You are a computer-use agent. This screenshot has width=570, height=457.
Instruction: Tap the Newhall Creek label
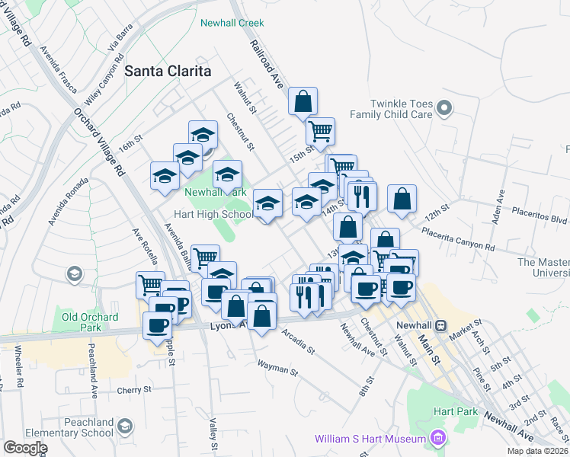(232, 23)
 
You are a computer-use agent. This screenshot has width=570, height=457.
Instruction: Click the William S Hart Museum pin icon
(437, 438)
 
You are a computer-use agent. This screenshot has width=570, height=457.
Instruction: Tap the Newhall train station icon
(440, 324)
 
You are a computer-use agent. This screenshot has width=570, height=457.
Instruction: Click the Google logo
(25, 448)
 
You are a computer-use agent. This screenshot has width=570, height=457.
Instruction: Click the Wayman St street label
(277, 368)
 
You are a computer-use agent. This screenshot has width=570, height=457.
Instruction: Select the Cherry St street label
(136, 390)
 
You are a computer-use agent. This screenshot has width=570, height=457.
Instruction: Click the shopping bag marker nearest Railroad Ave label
(303, 102)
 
